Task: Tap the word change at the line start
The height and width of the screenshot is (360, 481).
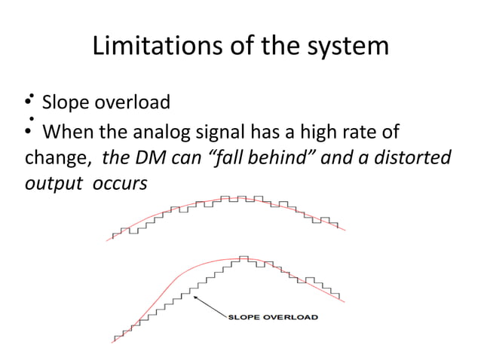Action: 53,159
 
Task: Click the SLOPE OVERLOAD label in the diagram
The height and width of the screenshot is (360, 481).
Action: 272,317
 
